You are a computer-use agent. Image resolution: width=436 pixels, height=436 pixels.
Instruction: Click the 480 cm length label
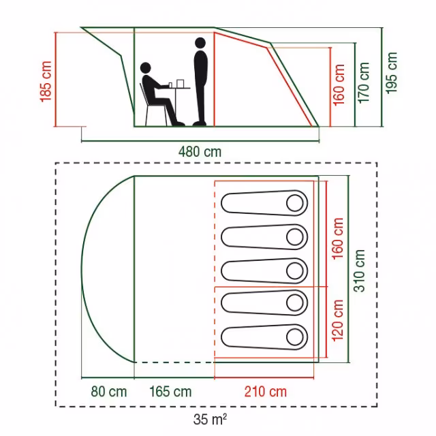tap(200, 152)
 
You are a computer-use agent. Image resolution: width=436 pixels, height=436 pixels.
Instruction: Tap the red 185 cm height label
tap(46, 82)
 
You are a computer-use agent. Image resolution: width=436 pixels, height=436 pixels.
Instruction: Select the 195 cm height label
tap(392, 73)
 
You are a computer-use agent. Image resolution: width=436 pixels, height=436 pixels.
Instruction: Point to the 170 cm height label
tap(364, 83)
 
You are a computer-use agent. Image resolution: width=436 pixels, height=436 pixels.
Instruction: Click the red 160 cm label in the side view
tap(339, 84)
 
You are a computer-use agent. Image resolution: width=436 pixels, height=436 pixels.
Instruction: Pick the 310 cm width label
tap(359, 270)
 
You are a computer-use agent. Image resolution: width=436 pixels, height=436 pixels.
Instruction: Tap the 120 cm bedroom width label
tap(338, 320)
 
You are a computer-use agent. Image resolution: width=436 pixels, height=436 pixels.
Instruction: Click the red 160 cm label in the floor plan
tap(338, 238)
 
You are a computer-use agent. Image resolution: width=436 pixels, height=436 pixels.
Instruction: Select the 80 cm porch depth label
tap(109, 392)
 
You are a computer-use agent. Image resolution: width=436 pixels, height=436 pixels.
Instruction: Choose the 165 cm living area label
tap(170, 392)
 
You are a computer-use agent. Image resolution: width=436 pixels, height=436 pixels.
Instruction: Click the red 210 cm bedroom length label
tap(266, 392)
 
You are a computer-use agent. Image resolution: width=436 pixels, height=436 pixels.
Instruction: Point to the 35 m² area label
tap(210, 420)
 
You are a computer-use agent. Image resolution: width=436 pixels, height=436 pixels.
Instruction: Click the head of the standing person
tap(200, 43)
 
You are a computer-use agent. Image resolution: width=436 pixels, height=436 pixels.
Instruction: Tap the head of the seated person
tap(146, 68)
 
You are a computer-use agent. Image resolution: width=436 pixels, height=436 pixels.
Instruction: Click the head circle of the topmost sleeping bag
tap(295, 203)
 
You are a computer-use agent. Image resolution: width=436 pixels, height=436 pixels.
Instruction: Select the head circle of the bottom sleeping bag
tap(295, 337)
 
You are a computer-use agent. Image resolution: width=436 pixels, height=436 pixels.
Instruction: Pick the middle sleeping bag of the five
tap(264, 271)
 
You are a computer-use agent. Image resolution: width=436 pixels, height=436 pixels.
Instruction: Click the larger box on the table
tap(180, 83)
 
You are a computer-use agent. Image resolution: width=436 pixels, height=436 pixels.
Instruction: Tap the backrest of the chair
tap(143, 95)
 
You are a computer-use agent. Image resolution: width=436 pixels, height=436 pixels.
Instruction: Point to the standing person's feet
tap(200, 123)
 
